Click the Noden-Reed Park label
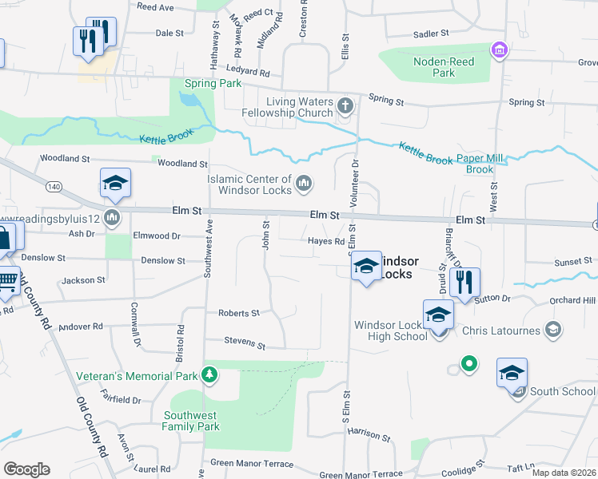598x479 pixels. click(x=444, y=67)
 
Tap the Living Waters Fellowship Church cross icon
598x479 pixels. click(x=345, y=106)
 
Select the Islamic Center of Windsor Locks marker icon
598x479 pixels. click(x=303, y=185)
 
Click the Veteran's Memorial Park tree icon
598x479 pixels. click(x=209, y=374)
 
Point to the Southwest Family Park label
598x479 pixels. click(x=191, y=421)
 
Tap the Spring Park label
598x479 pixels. click(x=212, y=83)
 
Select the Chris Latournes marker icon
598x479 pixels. click(x=552, y=329)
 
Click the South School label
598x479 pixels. click(x=562, y=391)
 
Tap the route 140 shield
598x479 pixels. click(x=54, y=186)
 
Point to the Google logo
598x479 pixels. click(x=26, y=469)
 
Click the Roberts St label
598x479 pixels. click(x=239, y=313)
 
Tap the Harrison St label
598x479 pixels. click(x=369, y=435)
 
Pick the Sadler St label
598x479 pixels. click(x=431, y=34)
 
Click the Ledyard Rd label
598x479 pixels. click(x=247, y=70)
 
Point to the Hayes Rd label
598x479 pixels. click(x=326, y=241)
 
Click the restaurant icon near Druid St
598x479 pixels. click(x=464, y=282)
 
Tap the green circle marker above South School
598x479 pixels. click(x=469, y=364)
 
